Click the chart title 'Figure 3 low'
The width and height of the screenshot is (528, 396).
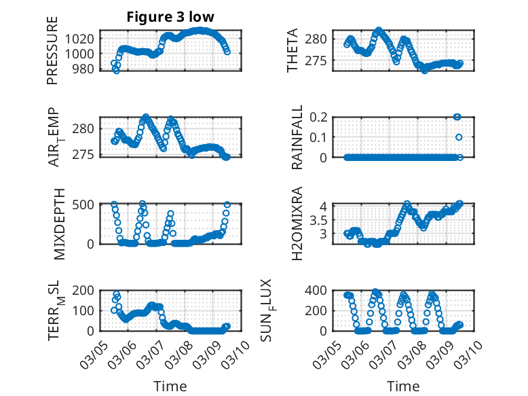point(170,18)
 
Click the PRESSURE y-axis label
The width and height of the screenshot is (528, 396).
point(52,50)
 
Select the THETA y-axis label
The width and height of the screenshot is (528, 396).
point(293,50)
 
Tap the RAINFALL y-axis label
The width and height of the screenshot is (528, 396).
point(297,137)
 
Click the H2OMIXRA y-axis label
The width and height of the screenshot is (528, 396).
point(297,224)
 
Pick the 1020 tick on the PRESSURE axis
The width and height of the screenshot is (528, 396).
point(81,39)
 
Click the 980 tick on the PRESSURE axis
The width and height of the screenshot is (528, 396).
point(85,69)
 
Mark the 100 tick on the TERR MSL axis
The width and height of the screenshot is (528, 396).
point(85,310)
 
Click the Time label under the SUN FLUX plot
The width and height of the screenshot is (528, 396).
point(403,386)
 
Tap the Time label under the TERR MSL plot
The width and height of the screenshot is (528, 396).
point(170,386)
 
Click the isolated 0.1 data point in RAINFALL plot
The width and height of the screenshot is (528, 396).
point(459,137)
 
